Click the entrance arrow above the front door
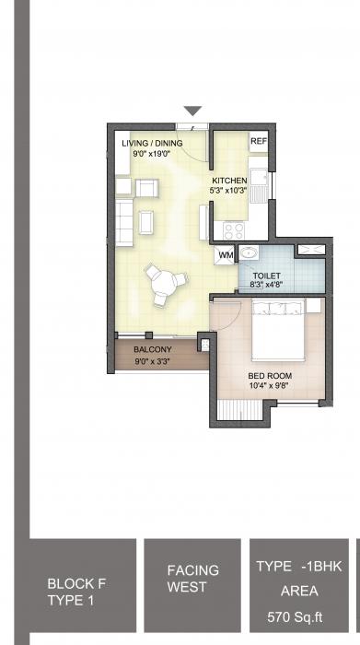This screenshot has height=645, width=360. point(192,111)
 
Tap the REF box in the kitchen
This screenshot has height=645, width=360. point(259,141)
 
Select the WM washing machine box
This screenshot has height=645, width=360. point(226,253)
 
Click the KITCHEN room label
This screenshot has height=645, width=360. point(228,180)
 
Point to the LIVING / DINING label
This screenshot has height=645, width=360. point(152,143)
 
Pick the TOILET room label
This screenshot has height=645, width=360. point(265,274)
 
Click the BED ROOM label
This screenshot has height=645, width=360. point(271,376)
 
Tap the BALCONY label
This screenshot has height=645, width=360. point(153,350)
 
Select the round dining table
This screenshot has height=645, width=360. point(164,282)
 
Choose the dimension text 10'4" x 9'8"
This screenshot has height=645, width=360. point(271,386)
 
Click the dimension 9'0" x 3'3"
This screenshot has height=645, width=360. point(153,361)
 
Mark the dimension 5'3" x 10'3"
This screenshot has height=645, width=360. point(230,191)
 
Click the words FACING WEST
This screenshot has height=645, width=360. point(192,579)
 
